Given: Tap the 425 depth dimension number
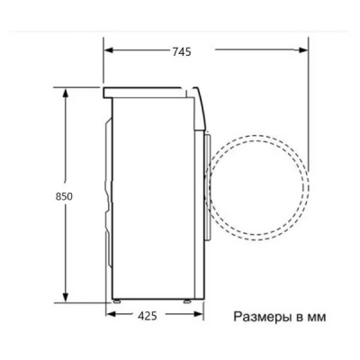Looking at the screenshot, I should [149, 316].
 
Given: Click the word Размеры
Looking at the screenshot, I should [263, 318].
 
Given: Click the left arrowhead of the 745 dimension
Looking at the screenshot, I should [108, 51].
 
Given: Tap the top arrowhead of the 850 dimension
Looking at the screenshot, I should [66, 92].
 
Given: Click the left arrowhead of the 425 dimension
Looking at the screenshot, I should [109, 316].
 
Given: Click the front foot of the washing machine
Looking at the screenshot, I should [190, 299].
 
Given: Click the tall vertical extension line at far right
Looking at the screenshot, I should [309, 108].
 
